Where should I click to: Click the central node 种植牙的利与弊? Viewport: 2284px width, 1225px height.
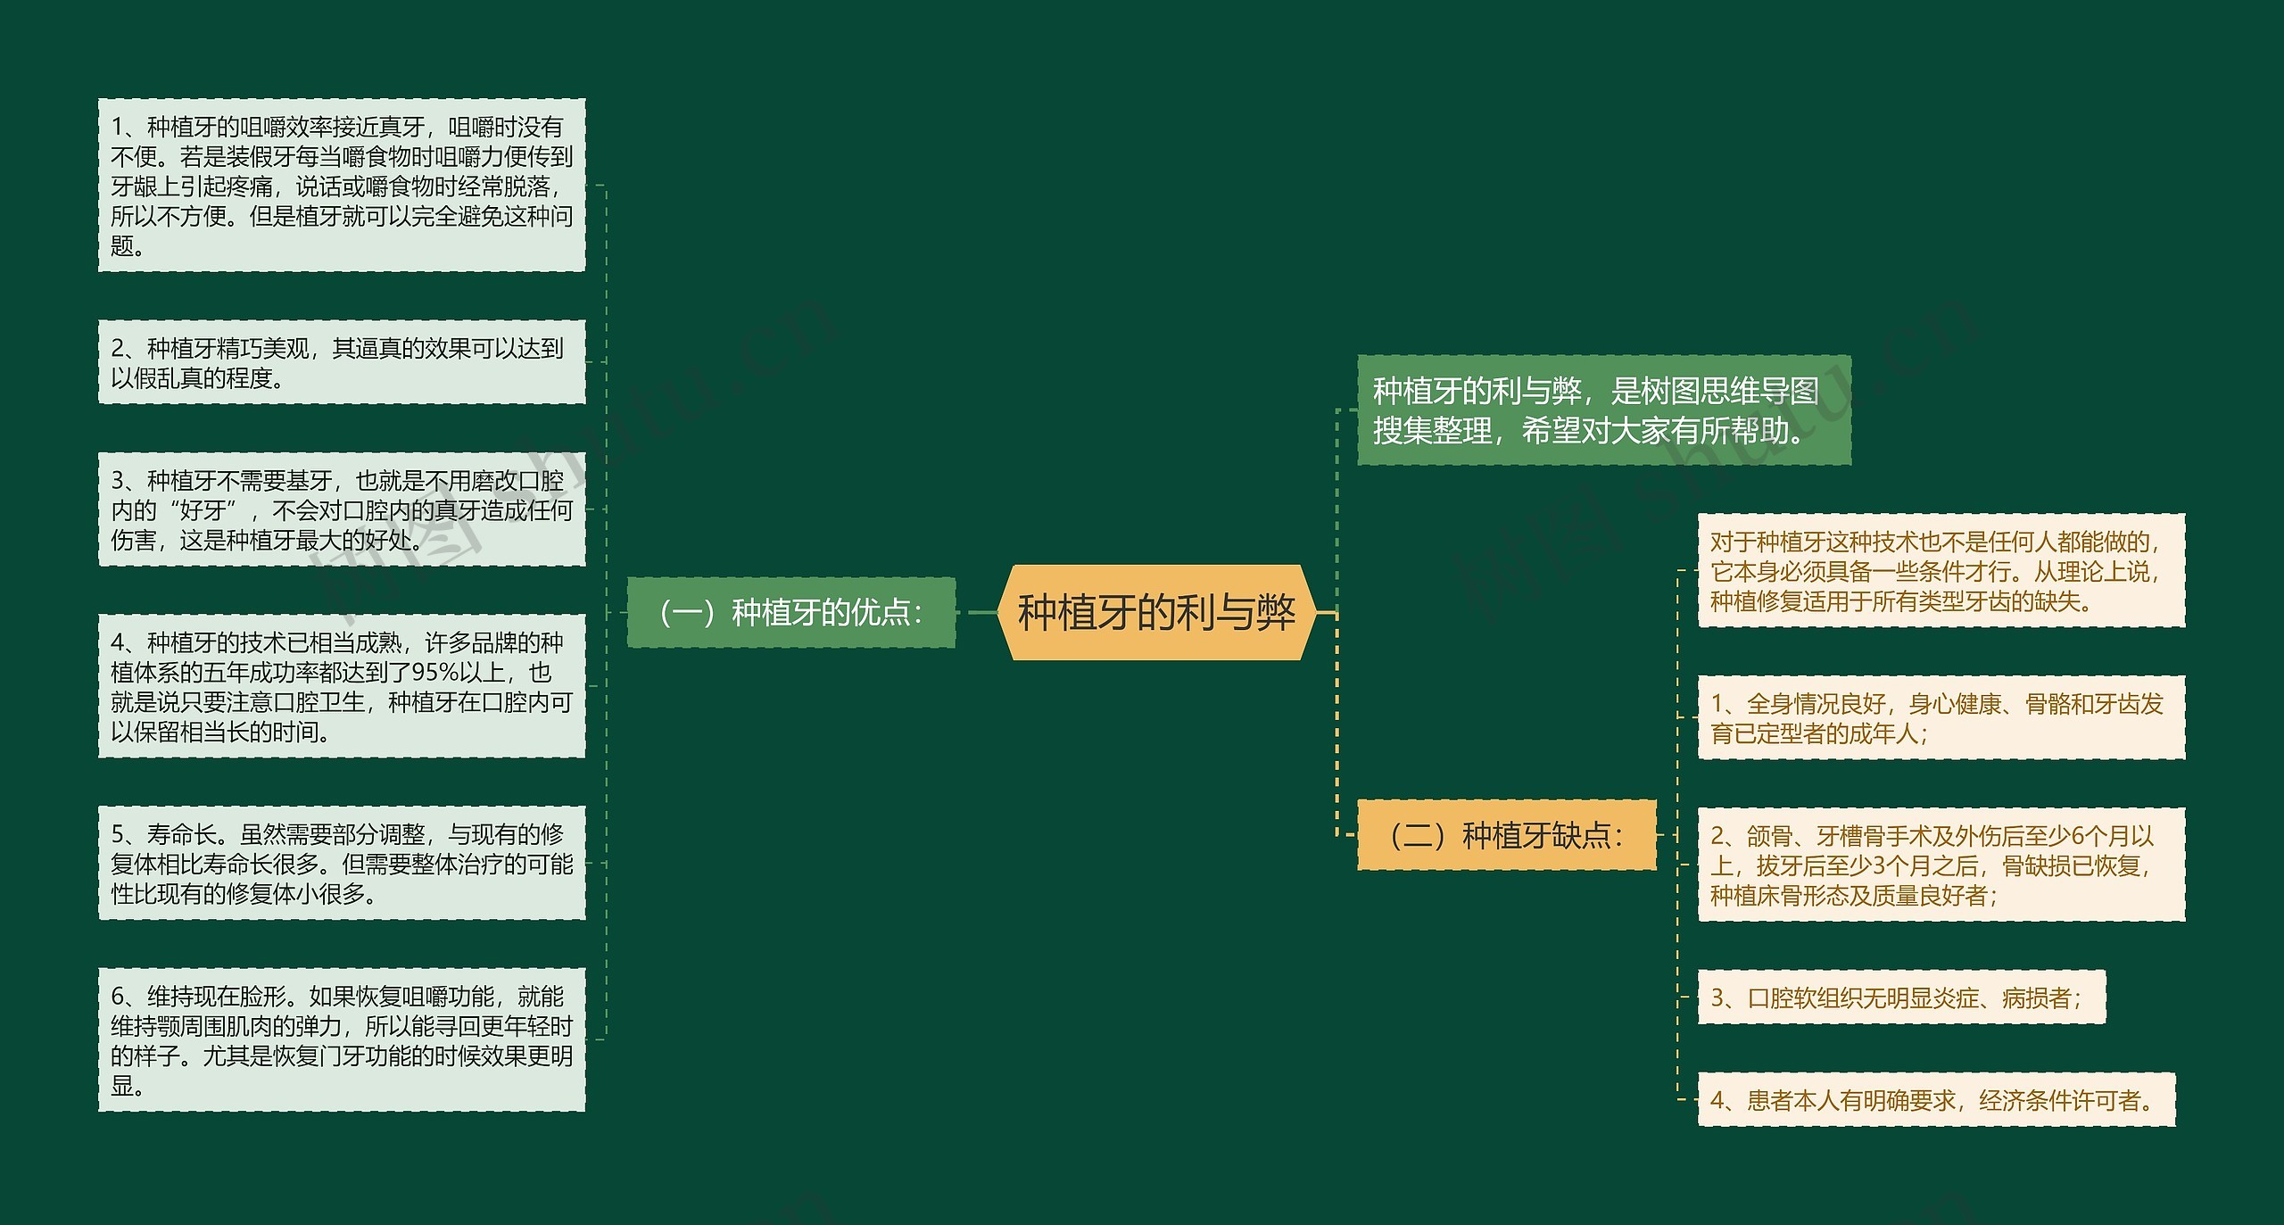[x=1155, y=612]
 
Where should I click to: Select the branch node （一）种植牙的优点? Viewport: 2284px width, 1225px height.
[x=790, y=612]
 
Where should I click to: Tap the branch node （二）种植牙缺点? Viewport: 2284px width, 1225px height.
[x=1506, y=835]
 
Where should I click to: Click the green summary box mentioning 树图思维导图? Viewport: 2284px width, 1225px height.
[x=1603, y=410]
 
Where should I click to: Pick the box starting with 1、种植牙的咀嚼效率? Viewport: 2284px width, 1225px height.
[x=342, y=186]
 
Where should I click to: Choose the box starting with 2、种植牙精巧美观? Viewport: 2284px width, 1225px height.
[x=342, y=362]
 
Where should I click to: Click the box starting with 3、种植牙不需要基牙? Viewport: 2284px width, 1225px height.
[x=342, y=509]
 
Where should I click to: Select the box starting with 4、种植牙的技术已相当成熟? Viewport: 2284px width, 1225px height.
[x=342, y=686]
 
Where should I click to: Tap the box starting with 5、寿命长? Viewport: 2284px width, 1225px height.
[x=342, y=863]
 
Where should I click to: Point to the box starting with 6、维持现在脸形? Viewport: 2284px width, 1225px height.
[x=342, y=1039]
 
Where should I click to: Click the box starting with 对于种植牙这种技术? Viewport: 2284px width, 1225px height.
[x=1941, y=571]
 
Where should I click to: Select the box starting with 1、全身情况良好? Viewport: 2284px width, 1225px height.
[x=1941, y=718]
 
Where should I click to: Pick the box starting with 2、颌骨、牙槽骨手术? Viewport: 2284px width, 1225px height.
[x=1941, y=865]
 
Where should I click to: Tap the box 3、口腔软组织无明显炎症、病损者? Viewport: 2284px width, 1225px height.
[x=1900, y=997]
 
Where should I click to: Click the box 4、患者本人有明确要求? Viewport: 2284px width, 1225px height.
[x=1936, y=1100]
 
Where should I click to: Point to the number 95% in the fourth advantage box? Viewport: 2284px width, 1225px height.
[x=434, y=673]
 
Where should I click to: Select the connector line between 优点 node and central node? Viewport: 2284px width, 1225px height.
[x=978, y=612]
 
